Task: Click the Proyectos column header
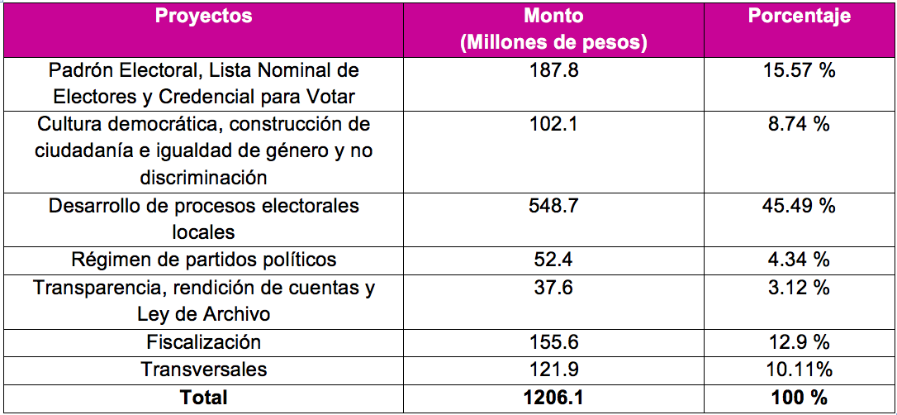coord(203,16)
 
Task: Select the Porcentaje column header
coord(799,16)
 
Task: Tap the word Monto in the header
coord(553,16)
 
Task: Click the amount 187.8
coord(553,70)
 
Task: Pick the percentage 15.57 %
coord(799,70)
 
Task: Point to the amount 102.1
coord(553,124)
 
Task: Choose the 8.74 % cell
coord(799,124)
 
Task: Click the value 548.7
coord(553,206)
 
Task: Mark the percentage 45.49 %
coord(799,206)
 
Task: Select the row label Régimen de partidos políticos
coord(203,260)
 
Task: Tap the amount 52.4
coord(553,260)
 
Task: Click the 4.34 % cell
coord(799,260)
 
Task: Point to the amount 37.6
coord(553,288)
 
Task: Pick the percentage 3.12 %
coord(799,288)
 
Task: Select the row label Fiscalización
coord(203,342)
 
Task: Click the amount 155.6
coord(553,342)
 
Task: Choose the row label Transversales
coord(203,370)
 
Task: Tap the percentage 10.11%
coord(799,370)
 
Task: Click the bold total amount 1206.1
coord(553,398)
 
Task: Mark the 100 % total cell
coord(799,398)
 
